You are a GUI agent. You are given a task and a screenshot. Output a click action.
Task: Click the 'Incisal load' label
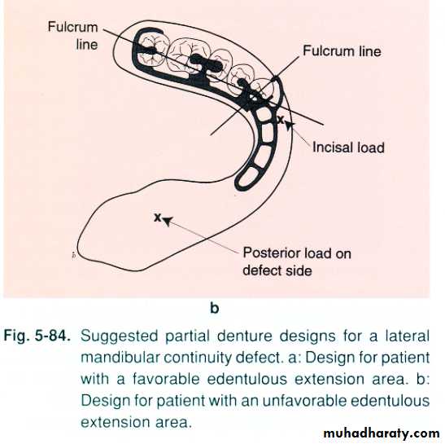pos(348,147)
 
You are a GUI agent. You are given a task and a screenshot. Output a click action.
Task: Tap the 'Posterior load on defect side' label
pos(297,262)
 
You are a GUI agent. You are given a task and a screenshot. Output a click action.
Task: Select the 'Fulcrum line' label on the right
pos(342,51)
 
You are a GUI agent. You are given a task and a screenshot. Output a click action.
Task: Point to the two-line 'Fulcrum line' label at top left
pos(73,36)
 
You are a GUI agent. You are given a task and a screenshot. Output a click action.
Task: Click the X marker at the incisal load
pos(281,120)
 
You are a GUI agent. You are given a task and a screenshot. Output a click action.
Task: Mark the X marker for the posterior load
pos(158,218)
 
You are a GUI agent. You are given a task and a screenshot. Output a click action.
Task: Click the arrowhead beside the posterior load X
pos(168,221)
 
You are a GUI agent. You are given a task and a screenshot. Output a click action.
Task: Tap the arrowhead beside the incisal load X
pos(290,125)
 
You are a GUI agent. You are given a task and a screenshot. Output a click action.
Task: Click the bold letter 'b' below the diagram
pos(215,308)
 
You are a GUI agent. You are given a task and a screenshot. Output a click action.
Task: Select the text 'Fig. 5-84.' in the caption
pos(37,336)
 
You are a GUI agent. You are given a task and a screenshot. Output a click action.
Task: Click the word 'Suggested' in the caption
pos(120,336)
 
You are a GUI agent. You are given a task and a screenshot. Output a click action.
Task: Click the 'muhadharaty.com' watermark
pos(382,433)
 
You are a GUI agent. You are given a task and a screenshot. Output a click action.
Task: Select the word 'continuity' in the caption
pos(198,358)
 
